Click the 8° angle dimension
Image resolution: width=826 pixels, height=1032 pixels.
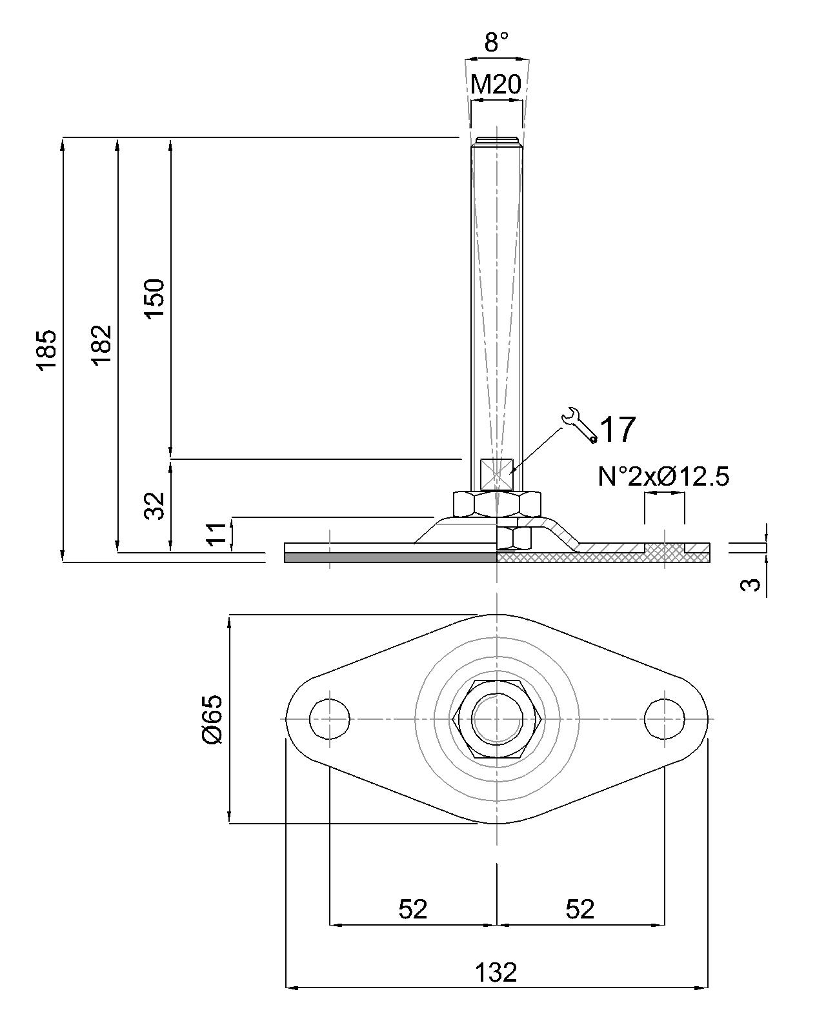[496, 43]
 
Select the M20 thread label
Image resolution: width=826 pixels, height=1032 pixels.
[496, 84]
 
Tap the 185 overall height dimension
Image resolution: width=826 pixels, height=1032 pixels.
[47, 350]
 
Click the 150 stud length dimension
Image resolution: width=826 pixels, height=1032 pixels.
[155, 298]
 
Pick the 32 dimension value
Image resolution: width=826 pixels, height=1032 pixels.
[155, 505]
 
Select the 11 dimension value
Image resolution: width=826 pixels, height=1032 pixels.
[218, 534]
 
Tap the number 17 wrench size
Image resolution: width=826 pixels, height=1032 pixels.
[618, 430]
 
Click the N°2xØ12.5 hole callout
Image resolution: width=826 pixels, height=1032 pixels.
[663, 477]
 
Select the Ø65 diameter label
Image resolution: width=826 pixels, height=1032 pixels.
[213, 719]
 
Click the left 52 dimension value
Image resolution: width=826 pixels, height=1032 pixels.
[413, 909]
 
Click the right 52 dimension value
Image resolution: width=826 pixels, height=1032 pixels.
[579, 909]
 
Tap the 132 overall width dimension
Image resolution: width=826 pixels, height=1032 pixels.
[496, 972]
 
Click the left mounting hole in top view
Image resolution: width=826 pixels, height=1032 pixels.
[329, 719]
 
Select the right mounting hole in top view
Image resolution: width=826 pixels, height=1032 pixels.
[665, 719]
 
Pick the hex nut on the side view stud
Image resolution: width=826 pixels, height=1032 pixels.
[496, 504]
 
